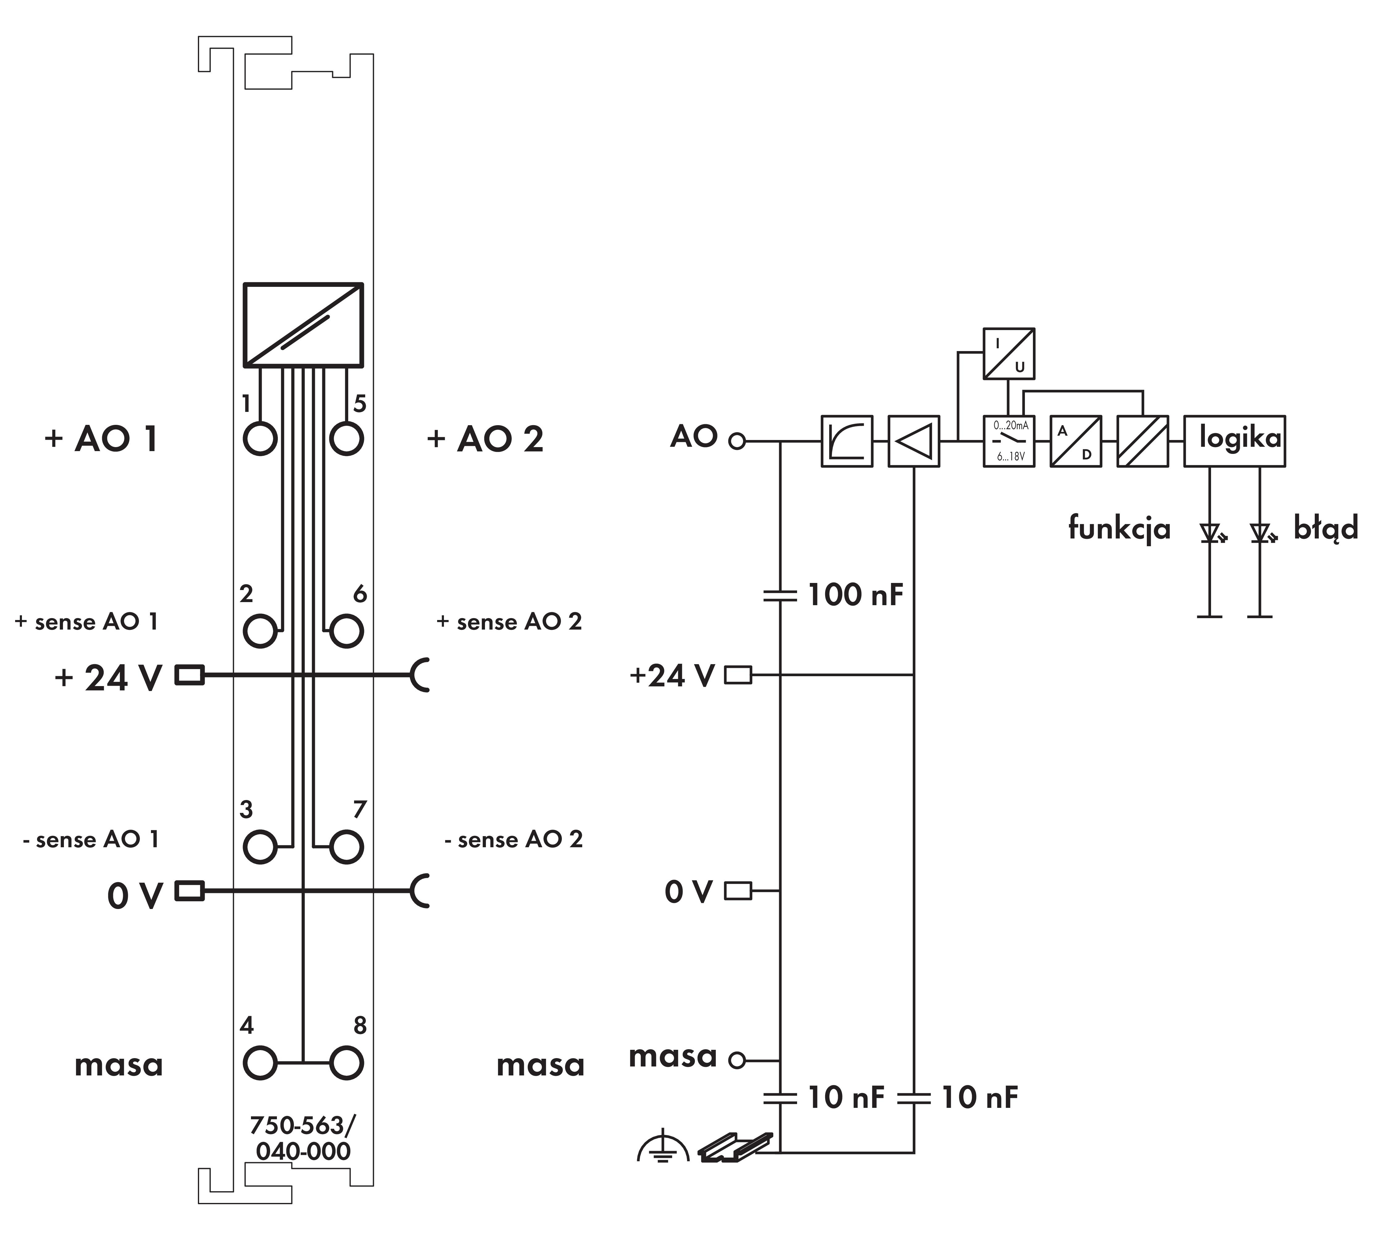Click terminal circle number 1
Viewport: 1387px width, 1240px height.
(x=260, y=438)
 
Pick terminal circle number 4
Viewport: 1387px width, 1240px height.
(x=260, y=1063)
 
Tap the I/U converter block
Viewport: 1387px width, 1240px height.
(x=1008, y=354)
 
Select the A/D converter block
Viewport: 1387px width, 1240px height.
(x=1076, y=441)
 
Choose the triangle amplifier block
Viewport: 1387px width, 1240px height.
(x=913, y=441)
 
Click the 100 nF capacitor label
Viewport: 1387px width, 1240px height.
(x=855, y=595)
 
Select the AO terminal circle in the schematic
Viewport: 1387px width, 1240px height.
(x=737, y=442)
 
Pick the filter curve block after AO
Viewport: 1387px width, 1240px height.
(x=847, y=441)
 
